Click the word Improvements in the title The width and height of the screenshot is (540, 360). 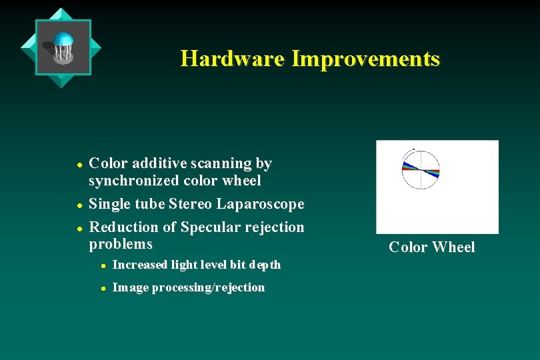tap(365, 59)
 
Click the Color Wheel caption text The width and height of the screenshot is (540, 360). tap(431, 247)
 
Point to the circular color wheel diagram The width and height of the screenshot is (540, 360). tap(420, 169)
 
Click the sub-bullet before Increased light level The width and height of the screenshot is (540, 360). tap(103, 265)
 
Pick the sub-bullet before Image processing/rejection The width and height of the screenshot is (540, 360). tap(103, 289)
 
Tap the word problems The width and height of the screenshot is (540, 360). tap(121, 244)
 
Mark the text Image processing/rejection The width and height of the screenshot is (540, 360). tap(189, 288)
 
